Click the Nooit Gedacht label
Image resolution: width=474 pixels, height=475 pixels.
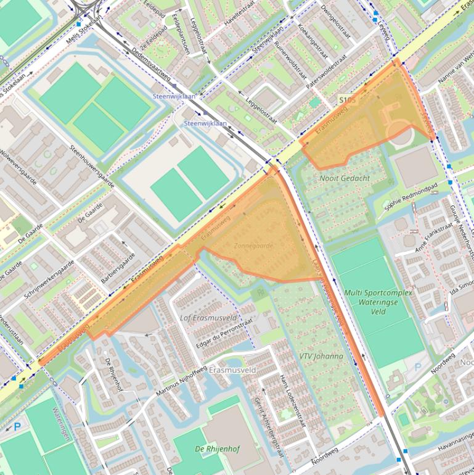pos(345,178)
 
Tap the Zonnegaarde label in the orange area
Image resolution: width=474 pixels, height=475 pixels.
pos(253,246)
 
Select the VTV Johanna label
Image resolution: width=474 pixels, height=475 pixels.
pos(321,357)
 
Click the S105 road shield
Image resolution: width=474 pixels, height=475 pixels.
pos(347,99)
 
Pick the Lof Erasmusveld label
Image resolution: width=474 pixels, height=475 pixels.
pos(208,318)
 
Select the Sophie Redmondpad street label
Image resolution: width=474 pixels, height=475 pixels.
pos(411,197)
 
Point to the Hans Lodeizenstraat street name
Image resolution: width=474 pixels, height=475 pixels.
pos(292,401)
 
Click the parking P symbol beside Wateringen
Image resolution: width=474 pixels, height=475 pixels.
pos(17,426)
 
